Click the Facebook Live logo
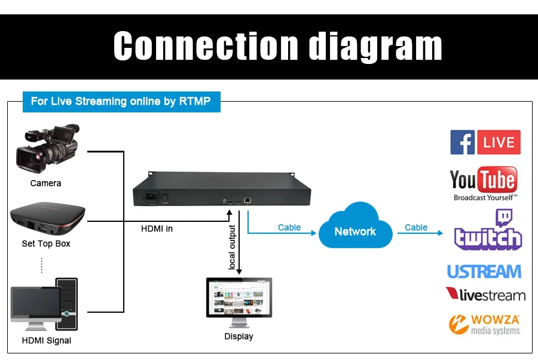point(485,142)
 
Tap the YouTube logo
point(484,184)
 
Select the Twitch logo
point(488,229)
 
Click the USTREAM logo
point(484,271)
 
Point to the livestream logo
point(485,294)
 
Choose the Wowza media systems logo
point(484,324)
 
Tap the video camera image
point(48,148)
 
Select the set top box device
point(47,218)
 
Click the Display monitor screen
point(239,297)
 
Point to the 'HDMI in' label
point(157,228)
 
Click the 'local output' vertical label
point(232,247)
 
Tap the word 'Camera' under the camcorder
point(45,183)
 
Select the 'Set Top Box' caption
point(46,243)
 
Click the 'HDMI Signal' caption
point(46,340)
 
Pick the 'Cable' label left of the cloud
point(289,227)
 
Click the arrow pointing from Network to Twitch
point(420,233)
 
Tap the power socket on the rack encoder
point(151,197)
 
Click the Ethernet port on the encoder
point(247,200)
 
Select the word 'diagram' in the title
point(375,46)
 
